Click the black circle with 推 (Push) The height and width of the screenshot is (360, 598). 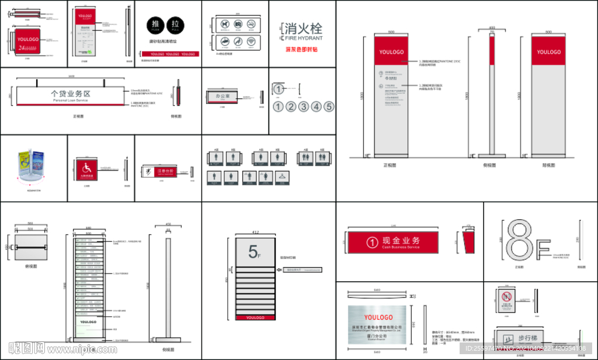(x=155, y=25)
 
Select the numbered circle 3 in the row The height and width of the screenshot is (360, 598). (x=304, y=106)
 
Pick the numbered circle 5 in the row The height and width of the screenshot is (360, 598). (x=329, y=106)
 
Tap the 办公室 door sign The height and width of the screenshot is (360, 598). (x=222, y=95)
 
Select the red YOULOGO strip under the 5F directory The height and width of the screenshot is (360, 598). (x=255, y=317)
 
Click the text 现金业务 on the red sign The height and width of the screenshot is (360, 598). (x=401, y=241)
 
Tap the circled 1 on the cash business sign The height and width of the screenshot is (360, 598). (x=372, y=242)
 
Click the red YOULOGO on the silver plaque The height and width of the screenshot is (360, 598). (x=378, y=317)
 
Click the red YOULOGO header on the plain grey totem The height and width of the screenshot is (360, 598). (x=548, y=52)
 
